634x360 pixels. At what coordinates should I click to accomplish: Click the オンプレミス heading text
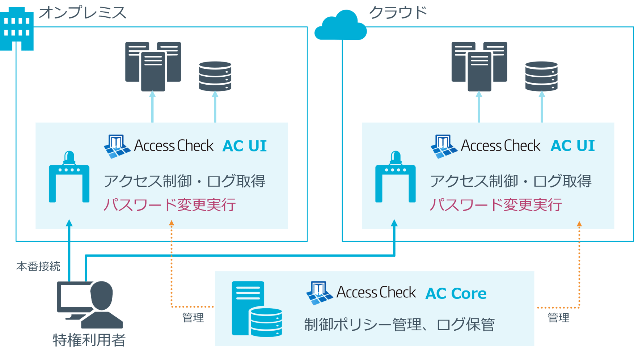[83, 13]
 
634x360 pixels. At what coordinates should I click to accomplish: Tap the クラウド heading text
[398, 13]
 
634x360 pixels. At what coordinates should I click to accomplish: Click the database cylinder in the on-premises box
[215, 76]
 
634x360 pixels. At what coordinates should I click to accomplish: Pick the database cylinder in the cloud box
[541, 76]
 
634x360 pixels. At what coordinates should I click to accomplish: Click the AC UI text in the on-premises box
[245, 146]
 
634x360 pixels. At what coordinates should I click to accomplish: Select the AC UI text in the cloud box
[572, 146]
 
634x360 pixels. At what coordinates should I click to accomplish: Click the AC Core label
[456, 293]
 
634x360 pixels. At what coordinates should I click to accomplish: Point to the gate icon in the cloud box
[395, 177]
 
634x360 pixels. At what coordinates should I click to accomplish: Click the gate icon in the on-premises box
[69, 177]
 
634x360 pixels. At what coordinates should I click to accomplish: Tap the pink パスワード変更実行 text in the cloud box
[495, 205]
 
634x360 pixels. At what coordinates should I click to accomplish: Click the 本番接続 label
[38, 267]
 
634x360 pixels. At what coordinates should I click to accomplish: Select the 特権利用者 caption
[89, 340]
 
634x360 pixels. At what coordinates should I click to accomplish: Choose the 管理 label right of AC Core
[558, 318]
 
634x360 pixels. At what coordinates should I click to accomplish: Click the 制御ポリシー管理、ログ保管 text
[399, 325]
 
